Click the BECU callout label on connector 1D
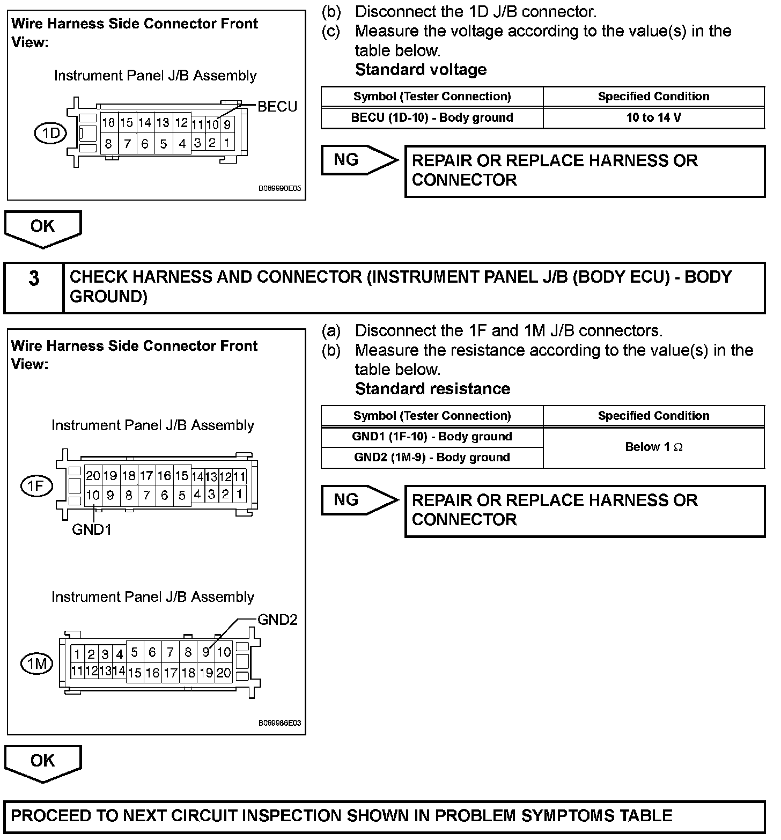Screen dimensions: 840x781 (x=277, y=106)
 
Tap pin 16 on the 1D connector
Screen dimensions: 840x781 (x=108, y=123)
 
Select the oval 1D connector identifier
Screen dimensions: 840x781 (x=50, y=133)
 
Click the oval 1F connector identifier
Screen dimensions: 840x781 (x=36, y=486)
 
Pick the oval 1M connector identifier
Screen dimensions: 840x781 (x=36, y=664)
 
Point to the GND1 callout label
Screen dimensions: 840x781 (x=92, y=530)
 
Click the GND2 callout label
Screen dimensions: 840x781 (x=277, y=620)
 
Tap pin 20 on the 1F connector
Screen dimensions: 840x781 (x=93, y=476)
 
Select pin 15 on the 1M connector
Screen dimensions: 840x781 (x=135, y=672)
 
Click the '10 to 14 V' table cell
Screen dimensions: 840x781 (x=653, y=118)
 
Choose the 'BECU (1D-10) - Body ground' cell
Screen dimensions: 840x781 (x=432, y=118)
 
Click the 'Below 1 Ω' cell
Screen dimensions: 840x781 (x=653, y=447)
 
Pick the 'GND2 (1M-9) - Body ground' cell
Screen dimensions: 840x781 (x=432, y=458)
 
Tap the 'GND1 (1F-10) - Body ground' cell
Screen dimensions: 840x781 (x=432, y=437)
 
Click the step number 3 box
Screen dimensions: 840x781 (x=34, y=279)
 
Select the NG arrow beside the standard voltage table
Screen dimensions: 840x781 (x=359, y=160)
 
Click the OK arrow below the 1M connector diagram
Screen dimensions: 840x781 (x=42, y=762)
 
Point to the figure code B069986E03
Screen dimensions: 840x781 (x=279, y=723)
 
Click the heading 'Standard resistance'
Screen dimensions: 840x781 (x=432, y=389)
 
